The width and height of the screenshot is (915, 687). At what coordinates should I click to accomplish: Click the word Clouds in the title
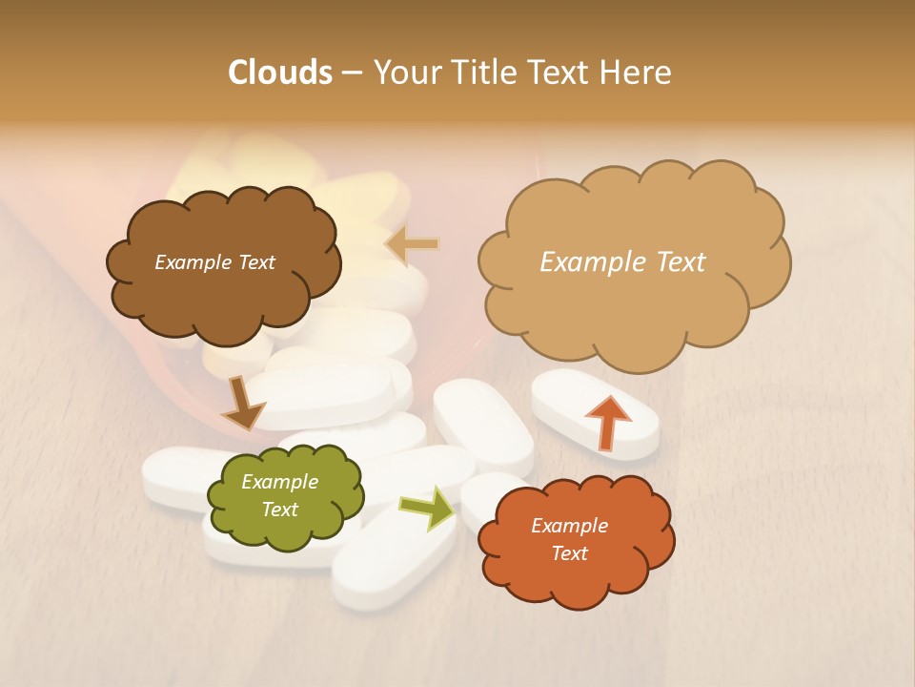point(279,73)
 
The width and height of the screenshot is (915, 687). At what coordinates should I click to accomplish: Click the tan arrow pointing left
point(412,244)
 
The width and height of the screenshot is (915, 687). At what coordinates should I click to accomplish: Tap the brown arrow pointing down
point(241,404)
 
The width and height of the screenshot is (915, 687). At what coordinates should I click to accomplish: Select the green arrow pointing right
point(428,509)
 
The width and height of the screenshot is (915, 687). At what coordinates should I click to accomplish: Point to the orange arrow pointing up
point(607,421)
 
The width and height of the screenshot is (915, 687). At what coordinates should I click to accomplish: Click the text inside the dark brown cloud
point(214,262)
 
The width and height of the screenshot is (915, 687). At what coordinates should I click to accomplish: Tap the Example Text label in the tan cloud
point(622,262)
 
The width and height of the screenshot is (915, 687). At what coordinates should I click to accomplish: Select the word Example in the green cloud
point(279,482)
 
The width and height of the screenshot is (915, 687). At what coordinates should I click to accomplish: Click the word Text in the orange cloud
point(569,553)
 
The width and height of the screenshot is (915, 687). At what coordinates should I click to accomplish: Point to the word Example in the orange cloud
point(569,526)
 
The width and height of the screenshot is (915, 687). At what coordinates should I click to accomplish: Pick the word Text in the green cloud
point(279,510)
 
